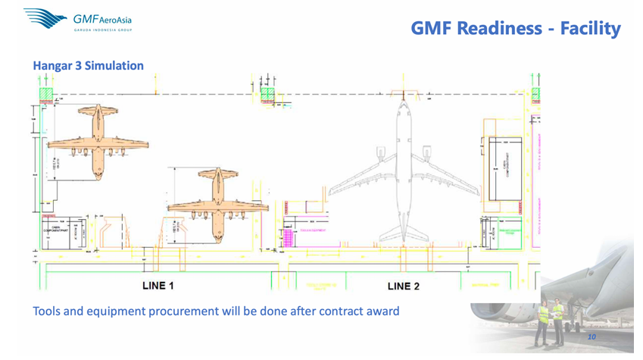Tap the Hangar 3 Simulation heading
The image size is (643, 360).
pyautogui.click(x=88, y=65)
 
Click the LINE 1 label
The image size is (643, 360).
pyautogui.click(x=158, y=286)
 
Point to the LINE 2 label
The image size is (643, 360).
pyautogui.click(x=403, y=286)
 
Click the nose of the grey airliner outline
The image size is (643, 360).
pyautogui.click(x=401, y=99)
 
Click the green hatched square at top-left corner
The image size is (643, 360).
pyautogui.click(x=47, y=93)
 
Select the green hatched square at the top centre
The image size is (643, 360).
pyautogui.click(x=267, y=93)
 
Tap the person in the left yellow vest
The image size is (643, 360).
pyautogui.click(x=542, y=321)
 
